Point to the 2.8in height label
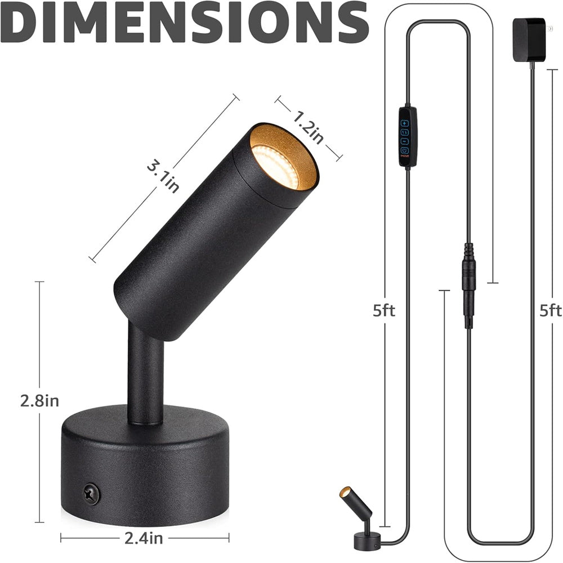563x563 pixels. [39, 401]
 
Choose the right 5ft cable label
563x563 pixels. [550, 311]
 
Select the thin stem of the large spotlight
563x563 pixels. [145, 377]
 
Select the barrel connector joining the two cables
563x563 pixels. [468, 284]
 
